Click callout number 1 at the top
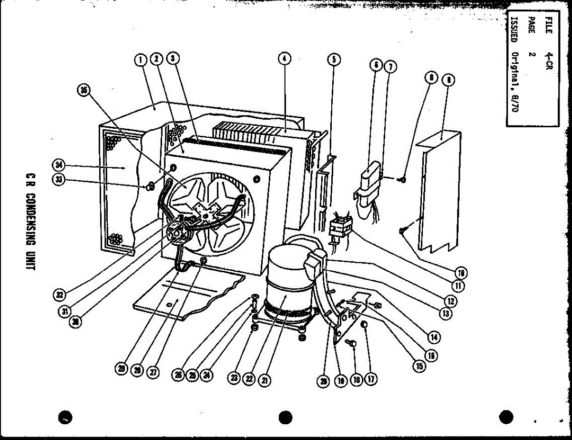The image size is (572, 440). click(140, 60)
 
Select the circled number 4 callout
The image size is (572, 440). click(284, 59)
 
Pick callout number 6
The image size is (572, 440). click(377, 66)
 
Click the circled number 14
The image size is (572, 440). click(434, 337)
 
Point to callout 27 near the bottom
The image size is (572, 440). click(153, 372)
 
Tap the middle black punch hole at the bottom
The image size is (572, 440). click(285, 418)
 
